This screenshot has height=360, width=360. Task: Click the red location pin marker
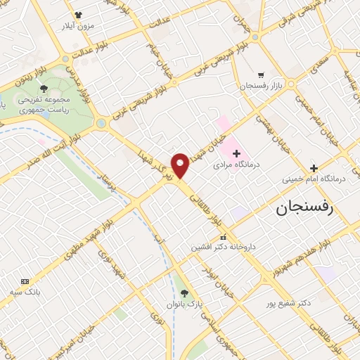[180, 165]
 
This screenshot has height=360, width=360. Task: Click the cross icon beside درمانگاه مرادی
[236, 153]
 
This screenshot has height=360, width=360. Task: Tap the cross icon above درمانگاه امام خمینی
[314, 167]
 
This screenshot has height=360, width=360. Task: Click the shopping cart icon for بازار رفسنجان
[261, 75]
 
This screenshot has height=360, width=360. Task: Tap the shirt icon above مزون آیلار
[77, 14]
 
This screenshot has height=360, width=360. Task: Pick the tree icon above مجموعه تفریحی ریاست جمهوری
[45, 89]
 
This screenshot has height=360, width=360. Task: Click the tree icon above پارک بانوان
[184, 293]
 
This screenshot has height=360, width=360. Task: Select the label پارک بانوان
[185, 304]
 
